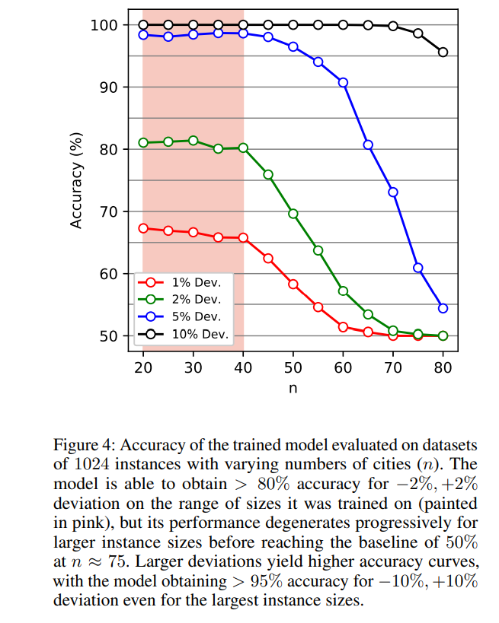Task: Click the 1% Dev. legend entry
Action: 184,282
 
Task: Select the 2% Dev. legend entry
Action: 184,300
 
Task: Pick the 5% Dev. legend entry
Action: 184,316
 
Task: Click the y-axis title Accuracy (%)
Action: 76,180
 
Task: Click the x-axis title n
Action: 293,387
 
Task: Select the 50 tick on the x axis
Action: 293,367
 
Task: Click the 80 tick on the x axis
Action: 443,367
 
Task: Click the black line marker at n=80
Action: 443,52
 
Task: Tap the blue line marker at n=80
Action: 443,308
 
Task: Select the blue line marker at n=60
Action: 343,82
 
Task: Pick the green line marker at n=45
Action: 268,174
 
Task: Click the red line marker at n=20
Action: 143,228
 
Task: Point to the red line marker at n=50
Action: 293,284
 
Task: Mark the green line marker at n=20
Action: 143,142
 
